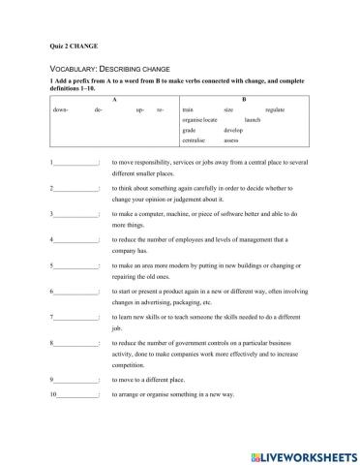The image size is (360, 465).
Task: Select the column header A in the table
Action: coord(115,100)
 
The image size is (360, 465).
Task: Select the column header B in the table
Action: coord(243,100)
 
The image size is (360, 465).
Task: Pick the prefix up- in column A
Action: coord(141,111)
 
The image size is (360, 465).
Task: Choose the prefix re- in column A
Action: coord(161,111)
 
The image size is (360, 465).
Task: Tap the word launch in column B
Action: coord(253,120)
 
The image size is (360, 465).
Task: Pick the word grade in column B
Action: coord(190,130)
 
